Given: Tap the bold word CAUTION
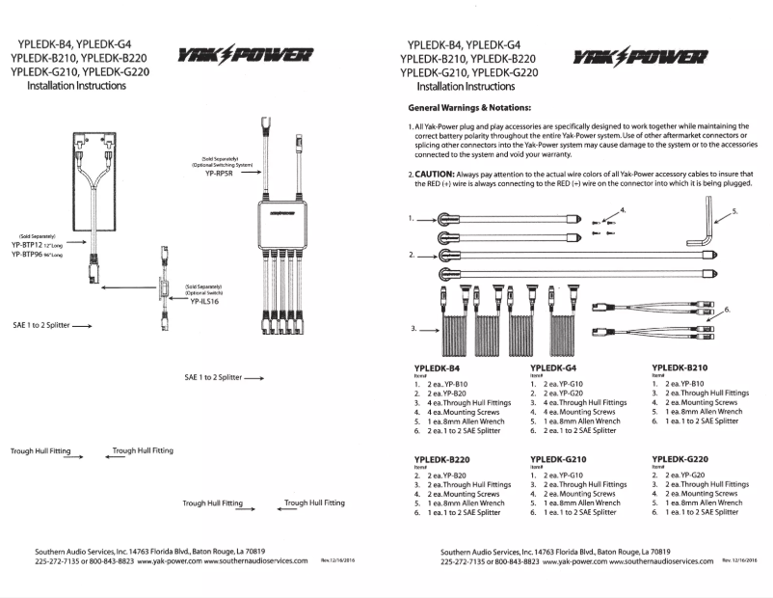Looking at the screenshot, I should tap(438, 174).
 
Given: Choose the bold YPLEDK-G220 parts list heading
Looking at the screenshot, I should tap(683, 458).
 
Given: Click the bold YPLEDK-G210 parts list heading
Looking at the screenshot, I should tap(562, 458).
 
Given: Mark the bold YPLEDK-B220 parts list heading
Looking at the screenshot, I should tap(441, 458).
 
